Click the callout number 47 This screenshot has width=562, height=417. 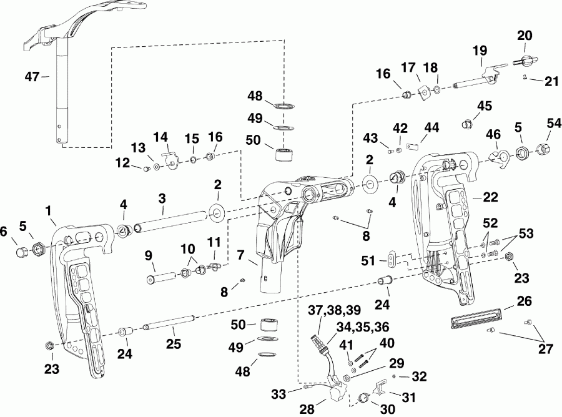tap(32, 77)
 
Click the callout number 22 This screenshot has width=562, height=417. tap(490, 196)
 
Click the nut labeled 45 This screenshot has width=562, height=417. tap(465, 125)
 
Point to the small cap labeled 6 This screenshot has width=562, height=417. tap(21, 252)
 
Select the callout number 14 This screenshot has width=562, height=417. tap(161, 136)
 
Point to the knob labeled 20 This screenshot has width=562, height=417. tap(523, 61)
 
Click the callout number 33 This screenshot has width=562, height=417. tap(279, 393)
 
